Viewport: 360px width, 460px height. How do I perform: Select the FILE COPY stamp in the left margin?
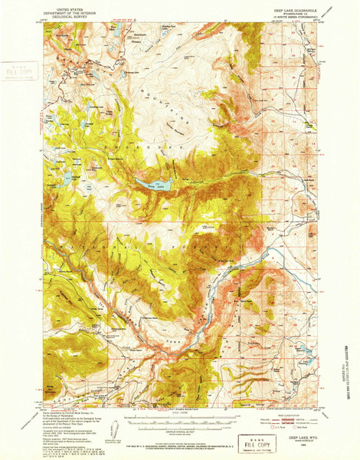pos(15,73)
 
